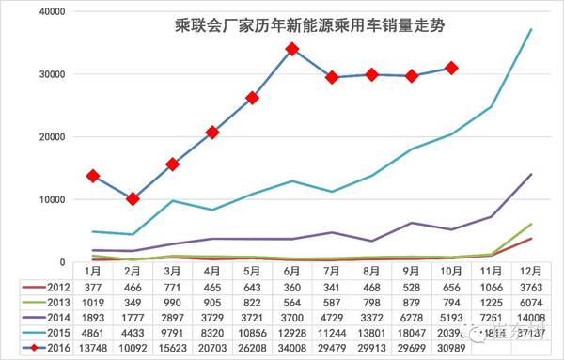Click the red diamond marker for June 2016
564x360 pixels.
coord(292,49)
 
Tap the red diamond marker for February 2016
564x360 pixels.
coord(133,199)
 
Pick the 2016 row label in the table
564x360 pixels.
coord(52,349)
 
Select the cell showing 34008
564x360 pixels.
coord(292,349)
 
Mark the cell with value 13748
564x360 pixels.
coord(93,349)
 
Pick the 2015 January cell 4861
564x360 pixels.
coord(93,334)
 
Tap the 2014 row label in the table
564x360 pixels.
coord(52,319)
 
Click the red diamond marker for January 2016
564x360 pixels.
coord(93,176)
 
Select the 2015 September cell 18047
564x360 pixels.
coord(412,334)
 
